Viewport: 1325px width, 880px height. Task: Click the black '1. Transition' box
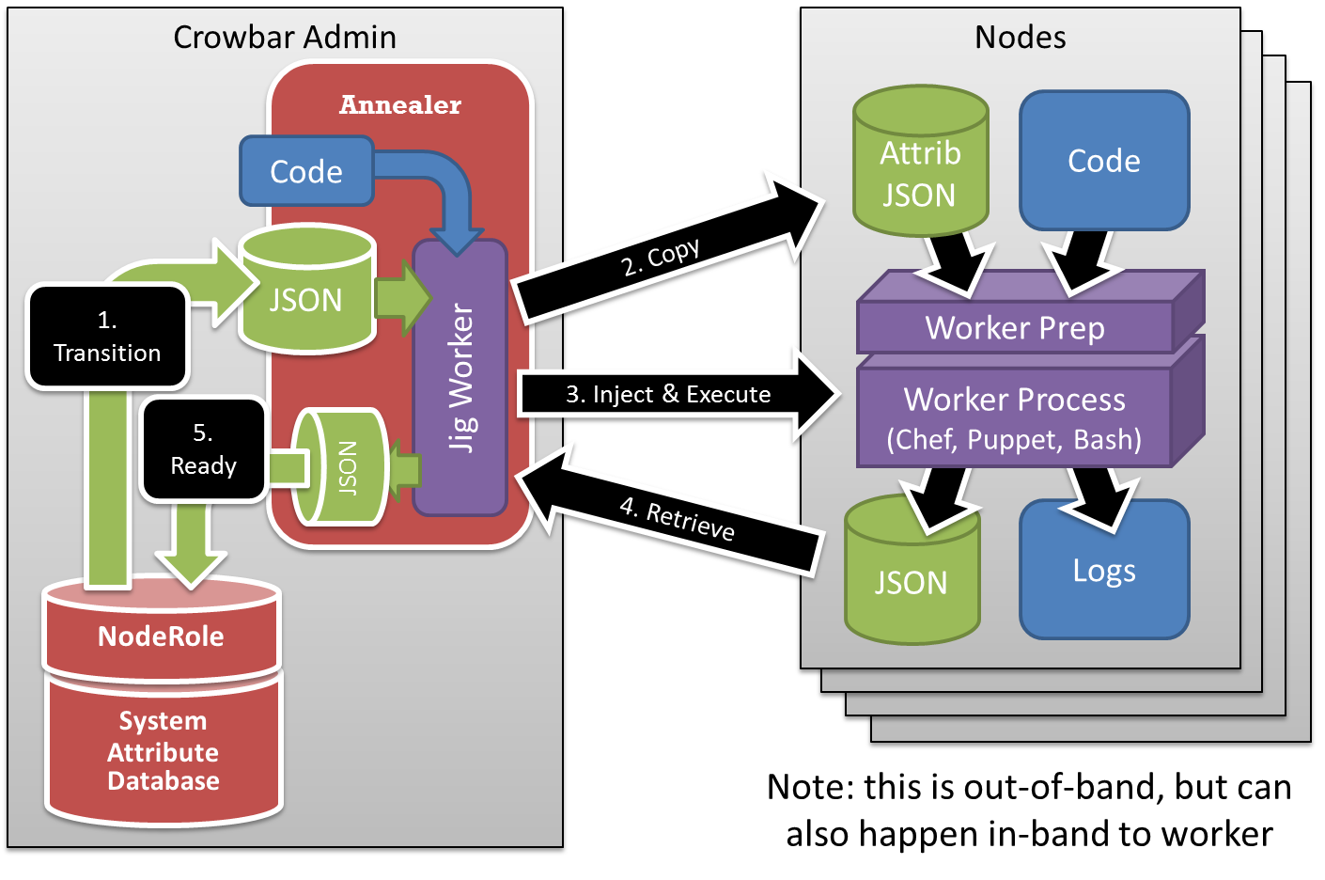click(x=107, y=337)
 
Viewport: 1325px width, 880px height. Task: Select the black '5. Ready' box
click(x=203, y=449)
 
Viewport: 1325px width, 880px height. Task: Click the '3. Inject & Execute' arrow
click(x=669, y=394)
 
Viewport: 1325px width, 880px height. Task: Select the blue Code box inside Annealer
click(x=306, y=171)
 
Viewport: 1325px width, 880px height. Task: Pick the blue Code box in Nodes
click(x=1104, y=161)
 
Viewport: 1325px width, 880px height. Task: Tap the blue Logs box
click(x=1104, y=571)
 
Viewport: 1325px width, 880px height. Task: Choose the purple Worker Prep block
click(x=1015, y=327)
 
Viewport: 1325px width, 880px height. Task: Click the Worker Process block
click(x=1015, y=417)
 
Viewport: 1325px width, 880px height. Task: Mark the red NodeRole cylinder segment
click(x=162, y=636)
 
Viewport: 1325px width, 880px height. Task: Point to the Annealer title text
click(x=400, y=104)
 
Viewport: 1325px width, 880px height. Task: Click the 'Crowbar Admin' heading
click(x=285, y=38)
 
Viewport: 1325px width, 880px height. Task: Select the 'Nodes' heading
click(x=1021, y=38)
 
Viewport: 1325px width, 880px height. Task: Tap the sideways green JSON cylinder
click(x=343, y=466)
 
